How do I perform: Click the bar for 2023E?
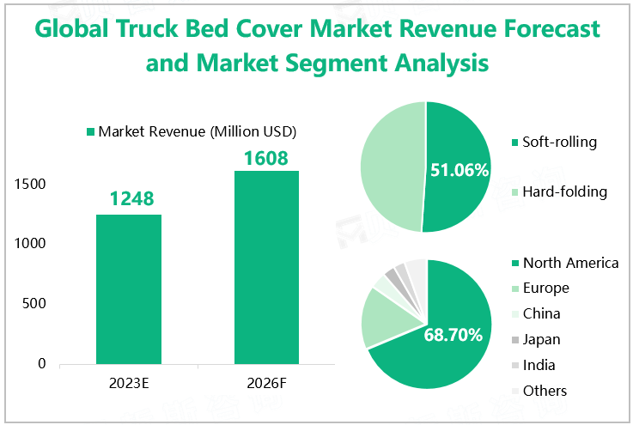[129, 288]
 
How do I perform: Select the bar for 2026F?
[266, 266]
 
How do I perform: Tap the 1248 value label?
[131, 199]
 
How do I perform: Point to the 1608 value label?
[265, 158]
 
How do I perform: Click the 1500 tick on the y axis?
[31, 185]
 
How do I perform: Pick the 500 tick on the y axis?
[35, 304]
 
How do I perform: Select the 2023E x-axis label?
[130, 382]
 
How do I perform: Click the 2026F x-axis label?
[266, 382]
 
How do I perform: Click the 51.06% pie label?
[460, 171]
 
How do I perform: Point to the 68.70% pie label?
[453, 335]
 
